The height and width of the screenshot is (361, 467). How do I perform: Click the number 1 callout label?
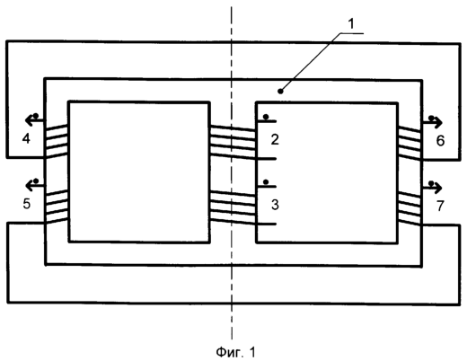[351, 24]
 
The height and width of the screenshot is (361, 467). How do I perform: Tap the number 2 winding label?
[275, 139]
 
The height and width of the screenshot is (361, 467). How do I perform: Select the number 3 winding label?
[275, 205]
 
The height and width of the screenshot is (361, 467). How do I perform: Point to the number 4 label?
[26, 139]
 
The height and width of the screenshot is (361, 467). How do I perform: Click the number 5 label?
[27, 204]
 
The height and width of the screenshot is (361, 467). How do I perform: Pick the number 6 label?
[440, 141]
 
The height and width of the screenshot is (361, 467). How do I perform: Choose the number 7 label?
[440, 206]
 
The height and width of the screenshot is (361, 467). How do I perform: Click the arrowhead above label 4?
[30, 120]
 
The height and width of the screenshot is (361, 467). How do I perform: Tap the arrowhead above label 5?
[30, 186]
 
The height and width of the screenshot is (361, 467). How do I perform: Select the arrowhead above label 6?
[437, 123]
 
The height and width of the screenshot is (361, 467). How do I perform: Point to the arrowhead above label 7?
[437, 188]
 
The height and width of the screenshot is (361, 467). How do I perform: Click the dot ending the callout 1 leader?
[280, 91]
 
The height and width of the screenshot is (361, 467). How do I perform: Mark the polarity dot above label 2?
[266, 117]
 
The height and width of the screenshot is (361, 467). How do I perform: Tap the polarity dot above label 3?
[266, 181]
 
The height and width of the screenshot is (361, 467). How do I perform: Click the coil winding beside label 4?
[57, 140]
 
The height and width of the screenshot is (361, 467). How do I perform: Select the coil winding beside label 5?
[57, 206]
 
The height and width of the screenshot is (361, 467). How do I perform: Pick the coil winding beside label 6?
[410, 143]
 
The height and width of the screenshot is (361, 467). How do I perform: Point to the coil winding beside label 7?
[410, 208]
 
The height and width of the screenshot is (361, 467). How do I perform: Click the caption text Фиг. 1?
[236, 352]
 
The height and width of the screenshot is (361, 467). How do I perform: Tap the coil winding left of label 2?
[233, 141]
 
